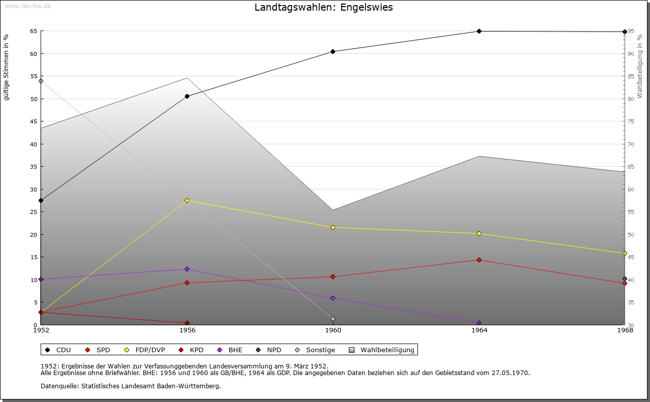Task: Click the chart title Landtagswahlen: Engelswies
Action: pos(323,8)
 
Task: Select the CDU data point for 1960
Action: pos(333,51)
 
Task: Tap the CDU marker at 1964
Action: pos(479,31)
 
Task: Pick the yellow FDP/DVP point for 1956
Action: pos(187,200)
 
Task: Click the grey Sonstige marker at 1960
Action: pos(333,319)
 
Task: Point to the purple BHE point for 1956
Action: pos(187,269)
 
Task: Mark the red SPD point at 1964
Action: pos(479,260)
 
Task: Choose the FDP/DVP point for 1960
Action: pos(333,227)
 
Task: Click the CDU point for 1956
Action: pos(187,96)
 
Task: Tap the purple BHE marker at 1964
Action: pos(479,323)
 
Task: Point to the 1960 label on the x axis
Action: pos(333,330)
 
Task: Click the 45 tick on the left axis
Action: pos(33,121)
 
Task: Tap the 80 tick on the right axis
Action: pos(631,99)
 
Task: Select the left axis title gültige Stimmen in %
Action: pos(7,67)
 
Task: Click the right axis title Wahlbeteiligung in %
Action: pos(640,67)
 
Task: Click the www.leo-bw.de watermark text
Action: pos(27,5)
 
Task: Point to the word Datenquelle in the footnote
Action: pos(57,386)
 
